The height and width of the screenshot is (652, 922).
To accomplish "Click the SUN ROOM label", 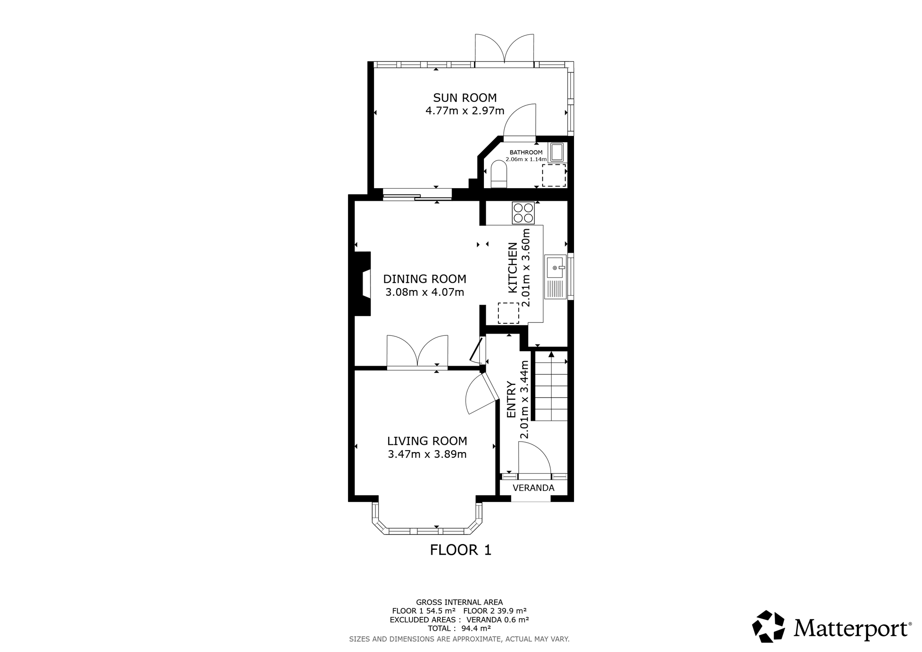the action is click(x=465, y=98).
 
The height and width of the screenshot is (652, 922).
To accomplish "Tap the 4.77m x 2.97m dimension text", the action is click(x=465, y=111).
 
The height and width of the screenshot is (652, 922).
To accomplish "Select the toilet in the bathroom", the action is click(x=499, y=174).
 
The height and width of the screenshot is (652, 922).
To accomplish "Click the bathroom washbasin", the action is click(x=557, y=152).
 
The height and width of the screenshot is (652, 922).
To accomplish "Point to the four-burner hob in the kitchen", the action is click(x=523, y=213).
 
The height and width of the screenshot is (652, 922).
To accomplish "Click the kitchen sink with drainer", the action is click(x=556, y=277).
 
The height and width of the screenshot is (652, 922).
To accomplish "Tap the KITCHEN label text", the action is click(x=512, y=267).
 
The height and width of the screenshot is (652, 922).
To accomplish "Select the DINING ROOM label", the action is click(x=425, y=279).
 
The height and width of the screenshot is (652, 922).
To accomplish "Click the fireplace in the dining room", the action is click(x=362, y=284).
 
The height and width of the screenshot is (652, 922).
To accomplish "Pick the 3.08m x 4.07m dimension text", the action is click(x=425, y=292).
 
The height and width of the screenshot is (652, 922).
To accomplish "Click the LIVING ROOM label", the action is click(x=427, y=441).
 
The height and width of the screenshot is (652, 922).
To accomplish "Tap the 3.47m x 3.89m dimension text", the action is click(x=427, y=454).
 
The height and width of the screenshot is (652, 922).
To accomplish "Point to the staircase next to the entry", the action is click(x=550, y=386).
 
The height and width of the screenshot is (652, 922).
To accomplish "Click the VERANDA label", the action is click(x=533, y=488).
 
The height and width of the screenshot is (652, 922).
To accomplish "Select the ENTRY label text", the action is click(x=511, y=399).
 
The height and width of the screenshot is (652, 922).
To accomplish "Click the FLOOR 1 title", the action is click(x=461, y=550).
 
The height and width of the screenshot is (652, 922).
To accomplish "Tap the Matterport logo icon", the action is click(x=768, y=626).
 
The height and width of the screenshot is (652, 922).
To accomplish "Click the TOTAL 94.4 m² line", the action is click(x=459, y=628).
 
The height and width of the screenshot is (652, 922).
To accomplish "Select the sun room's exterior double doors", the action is click(x=505, y=49).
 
